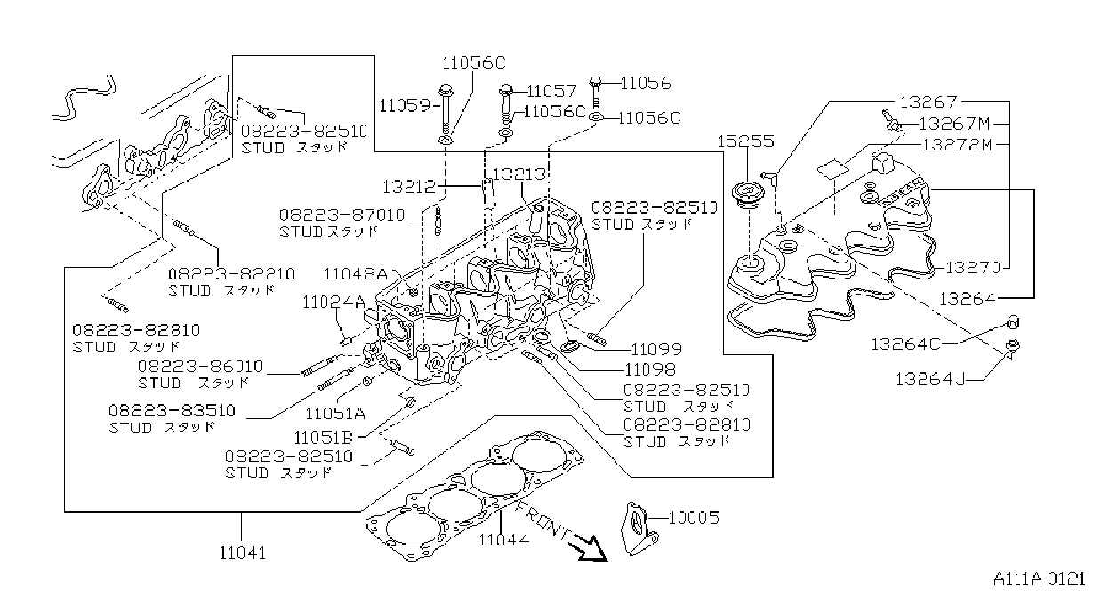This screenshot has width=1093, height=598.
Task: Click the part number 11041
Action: tap(243, 554)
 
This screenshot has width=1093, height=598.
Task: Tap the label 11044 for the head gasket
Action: tap(503, 539)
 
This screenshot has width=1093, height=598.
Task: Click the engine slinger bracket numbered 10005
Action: tap(638, 529)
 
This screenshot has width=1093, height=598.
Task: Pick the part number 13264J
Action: tap(930, 379)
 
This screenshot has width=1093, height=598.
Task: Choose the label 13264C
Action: tap(905, 344)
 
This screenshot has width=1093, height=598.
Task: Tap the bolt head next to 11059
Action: tap(446, 91)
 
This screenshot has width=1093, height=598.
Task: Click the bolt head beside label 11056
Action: tap(596, 82)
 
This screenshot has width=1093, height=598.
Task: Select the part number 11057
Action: tap(551, 92)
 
